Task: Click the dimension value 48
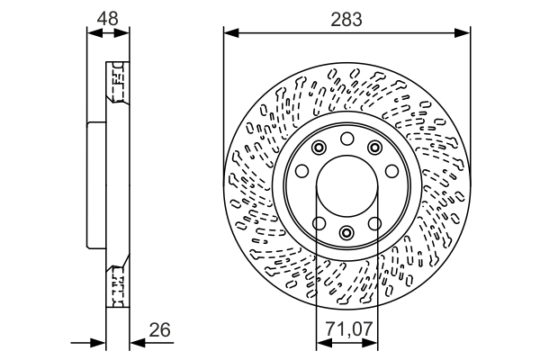tap(107, 17)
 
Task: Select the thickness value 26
tap(160, 331)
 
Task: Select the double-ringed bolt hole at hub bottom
tap(347, 233)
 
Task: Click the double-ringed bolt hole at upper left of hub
tap(319, 148)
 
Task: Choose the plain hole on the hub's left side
tap(302, 171)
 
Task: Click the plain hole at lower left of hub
tap(318, 222)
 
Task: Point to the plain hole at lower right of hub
tap(376, 222)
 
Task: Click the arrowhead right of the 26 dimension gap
tap(135, 343)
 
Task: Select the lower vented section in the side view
tap(116, 286)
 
